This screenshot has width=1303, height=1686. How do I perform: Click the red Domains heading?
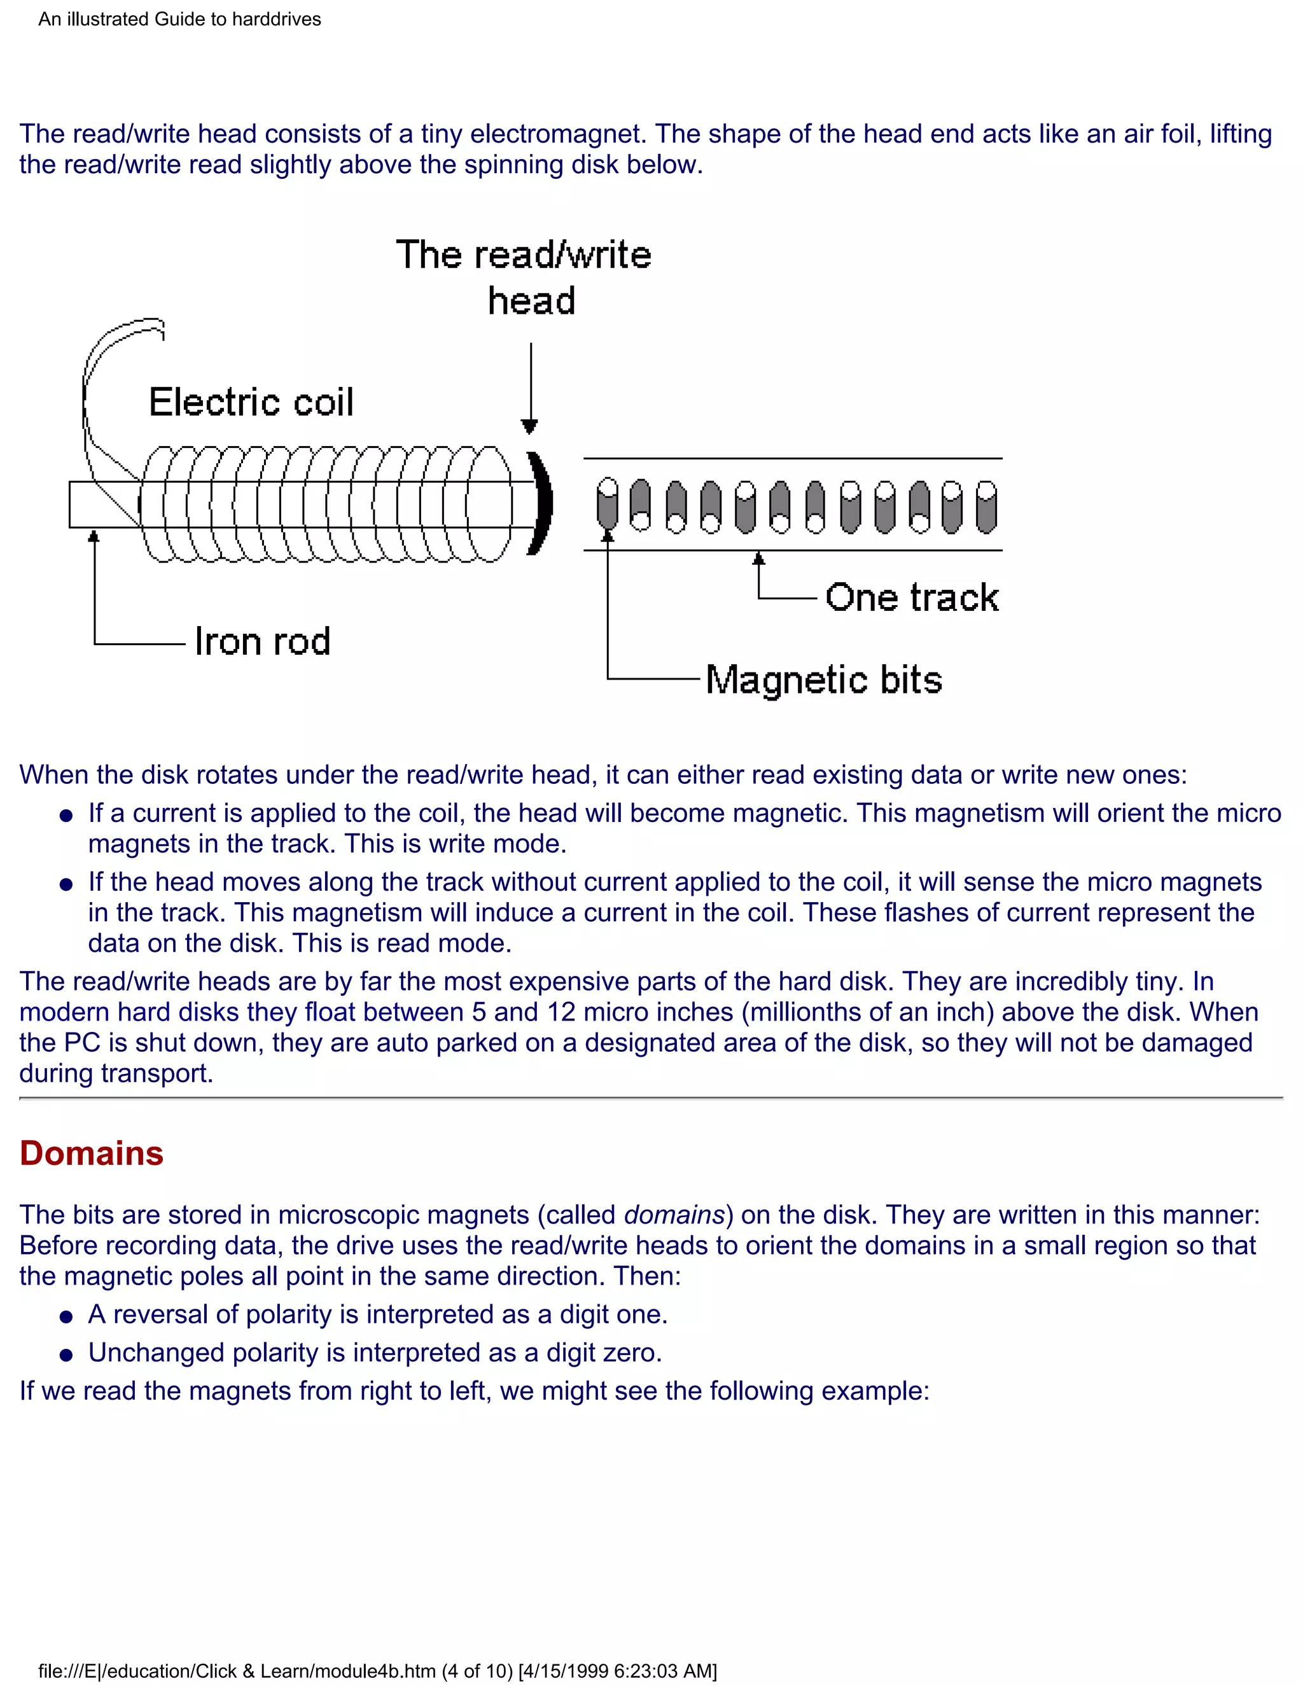click(91, 1153)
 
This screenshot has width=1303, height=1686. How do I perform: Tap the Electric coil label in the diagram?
click(251, 402)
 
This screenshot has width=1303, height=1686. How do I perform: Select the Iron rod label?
click(263, 641)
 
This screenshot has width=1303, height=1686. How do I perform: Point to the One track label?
click(912, 597)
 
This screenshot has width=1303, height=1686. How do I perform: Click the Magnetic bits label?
click(824, 680)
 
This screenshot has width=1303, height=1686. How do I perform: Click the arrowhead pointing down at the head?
click(529, 426)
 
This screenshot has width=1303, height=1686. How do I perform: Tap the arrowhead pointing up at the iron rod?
click(94, 536)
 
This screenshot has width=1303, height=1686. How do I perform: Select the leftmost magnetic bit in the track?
click(608, 505)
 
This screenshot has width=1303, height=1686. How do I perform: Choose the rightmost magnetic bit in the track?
click(987, 506)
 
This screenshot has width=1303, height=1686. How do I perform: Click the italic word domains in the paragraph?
click(674, 1215)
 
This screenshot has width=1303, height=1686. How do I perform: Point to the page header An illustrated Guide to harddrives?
click(180, 19)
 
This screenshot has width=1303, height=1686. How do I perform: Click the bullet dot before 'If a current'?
click(66, 815)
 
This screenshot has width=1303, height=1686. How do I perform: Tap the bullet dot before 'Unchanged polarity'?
click(66, 1355)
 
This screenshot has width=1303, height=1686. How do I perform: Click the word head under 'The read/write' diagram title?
click(531, 301)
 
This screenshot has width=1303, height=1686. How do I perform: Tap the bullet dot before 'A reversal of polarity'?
click(66, 1316)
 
